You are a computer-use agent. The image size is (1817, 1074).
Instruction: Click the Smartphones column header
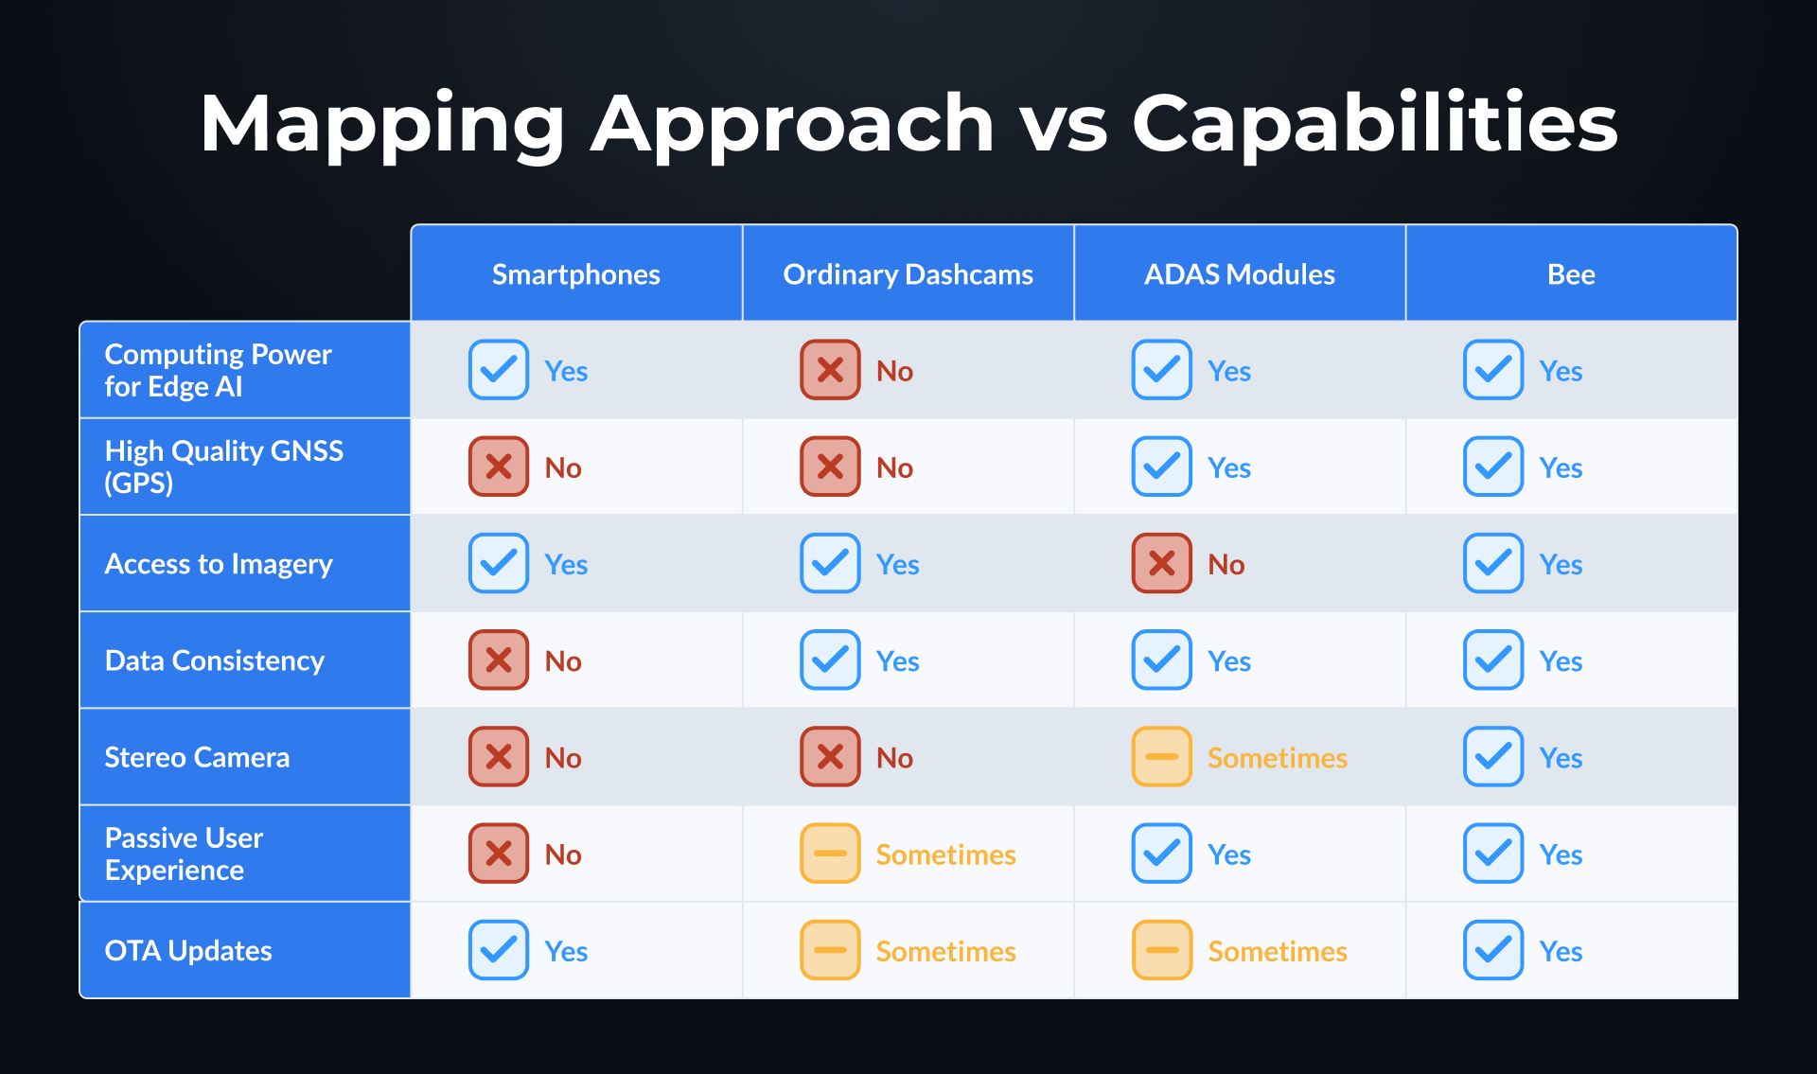pyautogui.click(x=575, y=274)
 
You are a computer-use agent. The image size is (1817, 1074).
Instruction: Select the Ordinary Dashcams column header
pyautogui.click(x=908, y=274)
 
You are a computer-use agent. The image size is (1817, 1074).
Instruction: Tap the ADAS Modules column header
pyautogui.click(x=1239, y=274)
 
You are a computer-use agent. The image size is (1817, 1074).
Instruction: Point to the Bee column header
pyautogui.click(x=1571, y=274)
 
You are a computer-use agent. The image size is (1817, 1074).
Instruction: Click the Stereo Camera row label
pyautogui.click(x=197, y=757)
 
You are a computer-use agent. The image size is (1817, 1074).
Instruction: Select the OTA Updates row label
pyautogui.click(x=188, y=950)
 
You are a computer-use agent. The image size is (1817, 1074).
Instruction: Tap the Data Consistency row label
pyautogui.click(x=215, y=660)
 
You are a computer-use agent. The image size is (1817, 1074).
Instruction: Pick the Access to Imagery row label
pyautogui.click(x=219, y=564)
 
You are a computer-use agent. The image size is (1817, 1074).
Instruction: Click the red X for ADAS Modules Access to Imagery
pyautogui.click(x=1161, y=563)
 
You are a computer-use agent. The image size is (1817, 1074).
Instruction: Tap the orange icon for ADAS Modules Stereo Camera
pyautogui.click(x=1161, y=756)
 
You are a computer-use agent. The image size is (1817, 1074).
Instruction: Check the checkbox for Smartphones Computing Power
pyautogui.click(x=499, y=369)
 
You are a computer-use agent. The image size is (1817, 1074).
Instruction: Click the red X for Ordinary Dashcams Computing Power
pyautogui.click(x=830, y=369)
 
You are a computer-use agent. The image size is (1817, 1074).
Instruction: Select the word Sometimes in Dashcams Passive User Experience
pyautogui.click(x=945, y=854)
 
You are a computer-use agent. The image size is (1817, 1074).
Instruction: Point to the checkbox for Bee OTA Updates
pyautogui.click(x=1492, y=949)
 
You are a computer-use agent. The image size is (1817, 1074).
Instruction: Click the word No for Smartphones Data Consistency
pyautogui.click(x=563, y=661)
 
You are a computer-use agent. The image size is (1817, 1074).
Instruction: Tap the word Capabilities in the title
pyautogui.click(x=1374, y=123)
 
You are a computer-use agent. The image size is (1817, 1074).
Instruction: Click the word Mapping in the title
pyautogui.click(x=381, y=123)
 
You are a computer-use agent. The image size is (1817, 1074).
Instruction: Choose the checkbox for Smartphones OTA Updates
pyautogui.click(x=499, y=949)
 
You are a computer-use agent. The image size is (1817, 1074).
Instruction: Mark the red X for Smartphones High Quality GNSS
pyautogui.click(x=499, y=466)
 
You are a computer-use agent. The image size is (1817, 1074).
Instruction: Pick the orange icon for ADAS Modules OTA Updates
pyautogui.click(x=1161, y=949)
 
